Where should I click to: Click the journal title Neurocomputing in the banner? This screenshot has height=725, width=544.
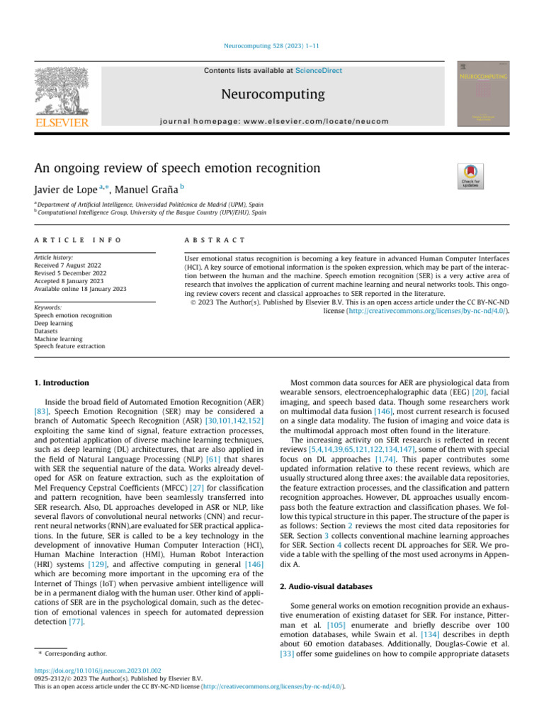coord(272,94)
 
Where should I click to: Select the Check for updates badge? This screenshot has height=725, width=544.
coord(469,176)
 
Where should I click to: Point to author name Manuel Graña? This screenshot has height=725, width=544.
coord(145,190)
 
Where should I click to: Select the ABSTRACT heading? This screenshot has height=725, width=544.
coord(214,241)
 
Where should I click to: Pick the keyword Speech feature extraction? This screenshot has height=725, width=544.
coord(69,346)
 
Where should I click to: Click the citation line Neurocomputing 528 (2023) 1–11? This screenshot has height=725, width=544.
coord(272,46)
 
